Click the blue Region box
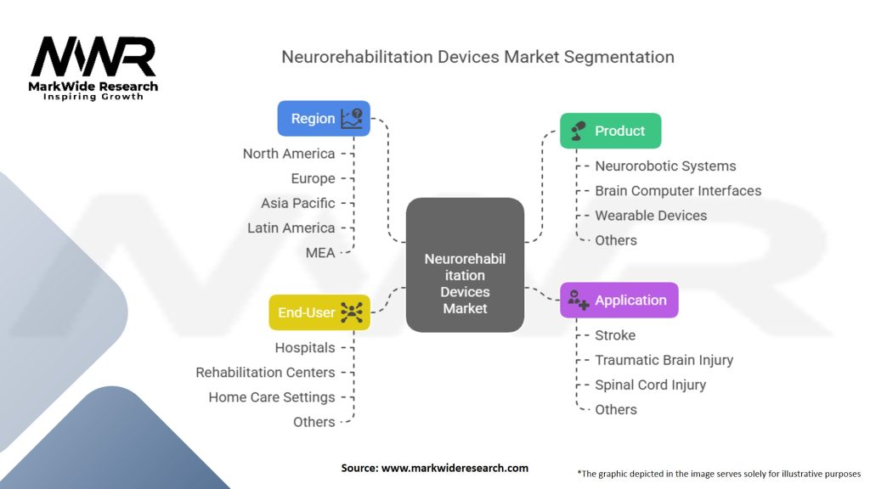324,119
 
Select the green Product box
610,131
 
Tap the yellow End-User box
319,312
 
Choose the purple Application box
619,300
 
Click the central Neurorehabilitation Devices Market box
465,265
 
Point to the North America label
289,154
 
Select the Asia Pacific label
298,203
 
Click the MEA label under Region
320,252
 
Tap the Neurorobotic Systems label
665,166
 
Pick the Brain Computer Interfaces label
678,191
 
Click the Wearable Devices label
651,216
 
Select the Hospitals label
305,347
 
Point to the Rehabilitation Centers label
265,372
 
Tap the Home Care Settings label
272,396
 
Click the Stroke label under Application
615,335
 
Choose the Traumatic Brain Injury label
664,360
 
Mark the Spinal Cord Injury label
650,385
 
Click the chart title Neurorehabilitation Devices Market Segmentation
477,57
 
